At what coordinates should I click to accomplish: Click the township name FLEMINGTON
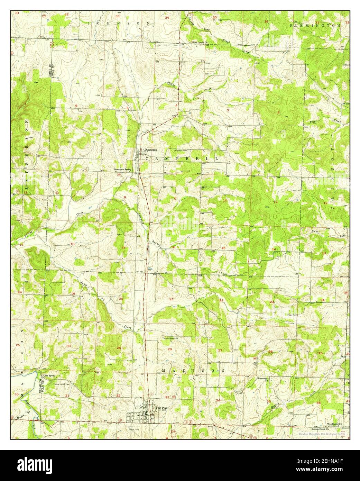(315, 26)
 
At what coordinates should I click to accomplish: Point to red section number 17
(123, 248)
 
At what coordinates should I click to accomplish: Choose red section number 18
(73, 244)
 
